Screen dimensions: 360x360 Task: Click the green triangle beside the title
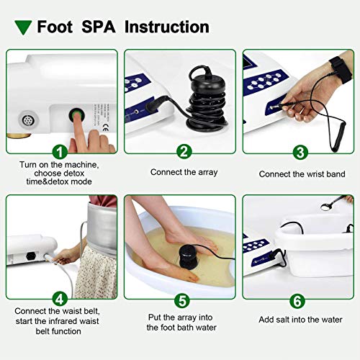pyautogui.click(x=22, y=28)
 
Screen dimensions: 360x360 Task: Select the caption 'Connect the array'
pyautogui.click(x=183, y=173)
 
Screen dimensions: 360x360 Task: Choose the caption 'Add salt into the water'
pyautogui.click(x=300, y=319)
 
